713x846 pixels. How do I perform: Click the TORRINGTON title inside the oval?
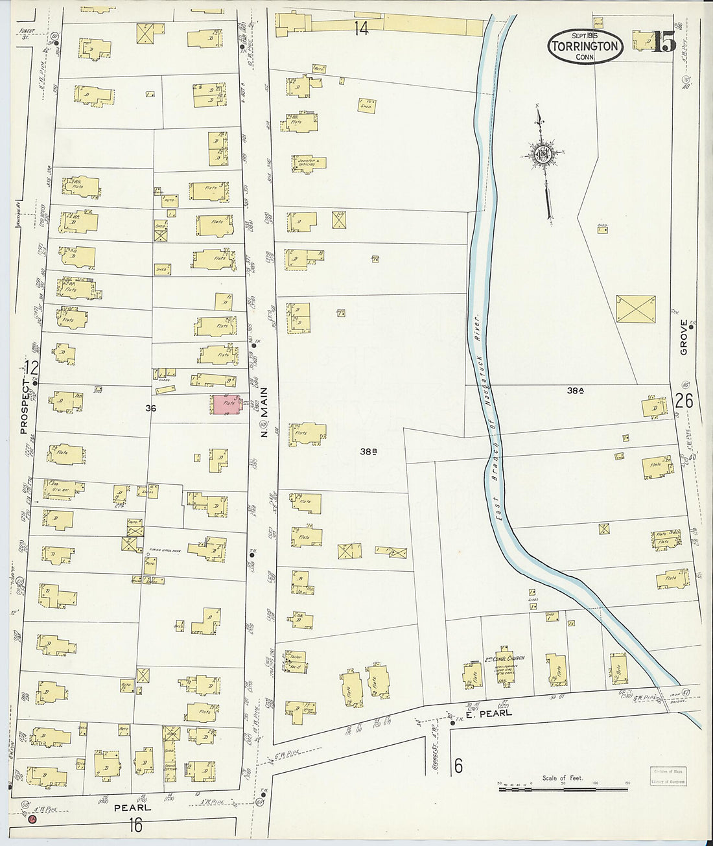(585, 47)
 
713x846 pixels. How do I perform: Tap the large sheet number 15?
(664, 43)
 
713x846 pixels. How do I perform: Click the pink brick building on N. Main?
(226, 405)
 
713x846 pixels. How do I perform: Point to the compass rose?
(543, 154)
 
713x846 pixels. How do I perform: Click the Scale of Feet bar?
(563, 788)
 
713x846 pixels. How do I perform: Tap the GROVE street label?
(684, 337)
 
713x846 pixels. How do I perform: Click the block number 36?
(150, 408)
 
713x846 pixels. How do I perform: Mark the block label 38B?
(369, 452)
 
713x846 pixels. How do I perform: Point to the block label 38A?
(576, 391)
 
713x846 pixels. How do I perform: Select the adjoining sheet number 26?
(684, 401)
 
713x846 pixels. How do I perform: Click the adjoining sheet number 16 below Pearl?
(135, 826)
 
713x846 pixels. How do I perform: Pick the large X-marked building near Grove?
(635, 309)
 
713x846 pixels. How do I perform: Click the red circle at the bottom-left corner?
(32, 819)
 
